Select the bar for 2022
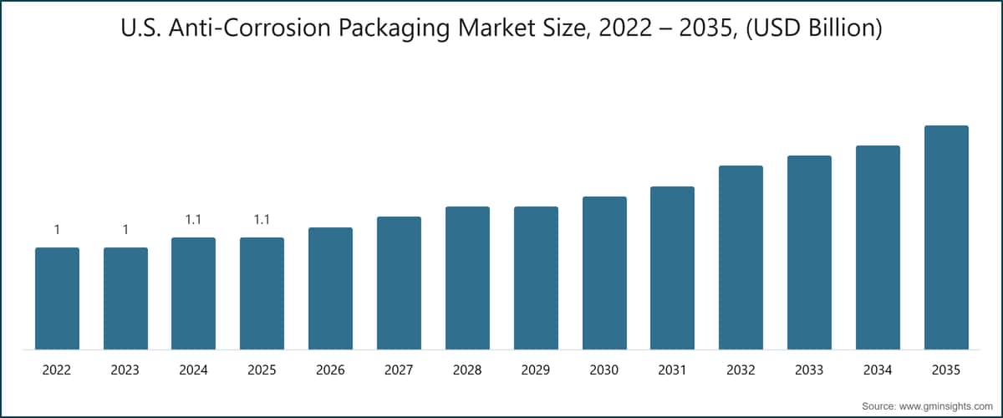pyautogui.click(x=57, y=298)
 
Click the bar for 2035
pyautogui.click(x=946, y=237)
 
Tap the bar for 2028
pyautogui.click(x=467, y=278)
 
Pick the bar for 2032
pyautogui.click(x=741, y=257)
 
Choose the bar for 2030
pyautogui.click(x=604, y=273)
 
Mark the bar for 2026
pyautogui.click(x=330, y=288)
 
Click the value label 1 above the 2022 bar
pyautogui.click(x=57, y=230)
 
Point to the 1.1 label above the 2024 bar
pyautogui.click(x=193, y=220)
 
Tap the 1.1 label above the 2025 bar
pyautogui.click(x=262, y=220)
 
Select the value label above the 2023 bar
pyautogui.click(x=125, y=230)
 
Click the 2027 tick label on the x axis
pyautogui.click(x=399, y=370)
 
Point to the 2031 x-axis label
pyautogui.click(x=672, y=370)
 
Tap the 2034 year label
pyautogui.click(x=878, y=370)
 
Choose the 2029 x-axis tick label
pyautogui.click(x=536, y=370)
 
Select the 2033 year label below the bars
pyautogui.click(x=809, y=370)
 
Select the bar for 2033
pyautogui.click(x=809, y=252)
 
